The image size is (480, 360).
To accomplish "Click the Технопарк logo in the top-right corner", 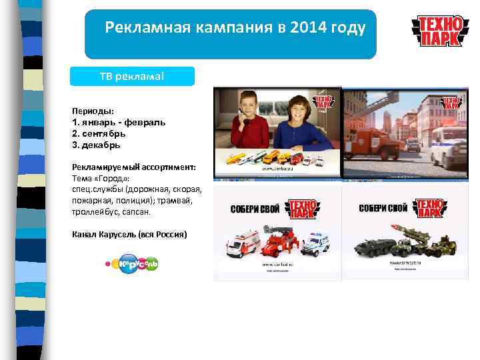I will tap(439, 31).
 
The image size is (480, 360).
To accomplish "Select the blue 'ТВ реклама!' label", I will tap(133, 76).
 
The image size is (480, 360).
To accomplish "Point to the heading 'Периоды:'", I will tap(93, 111).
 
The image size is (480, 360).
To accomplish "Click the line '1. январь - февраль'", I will tap(119, 122).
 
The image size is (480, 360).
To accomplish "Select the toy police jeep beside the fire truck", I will tap(315, 243).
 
